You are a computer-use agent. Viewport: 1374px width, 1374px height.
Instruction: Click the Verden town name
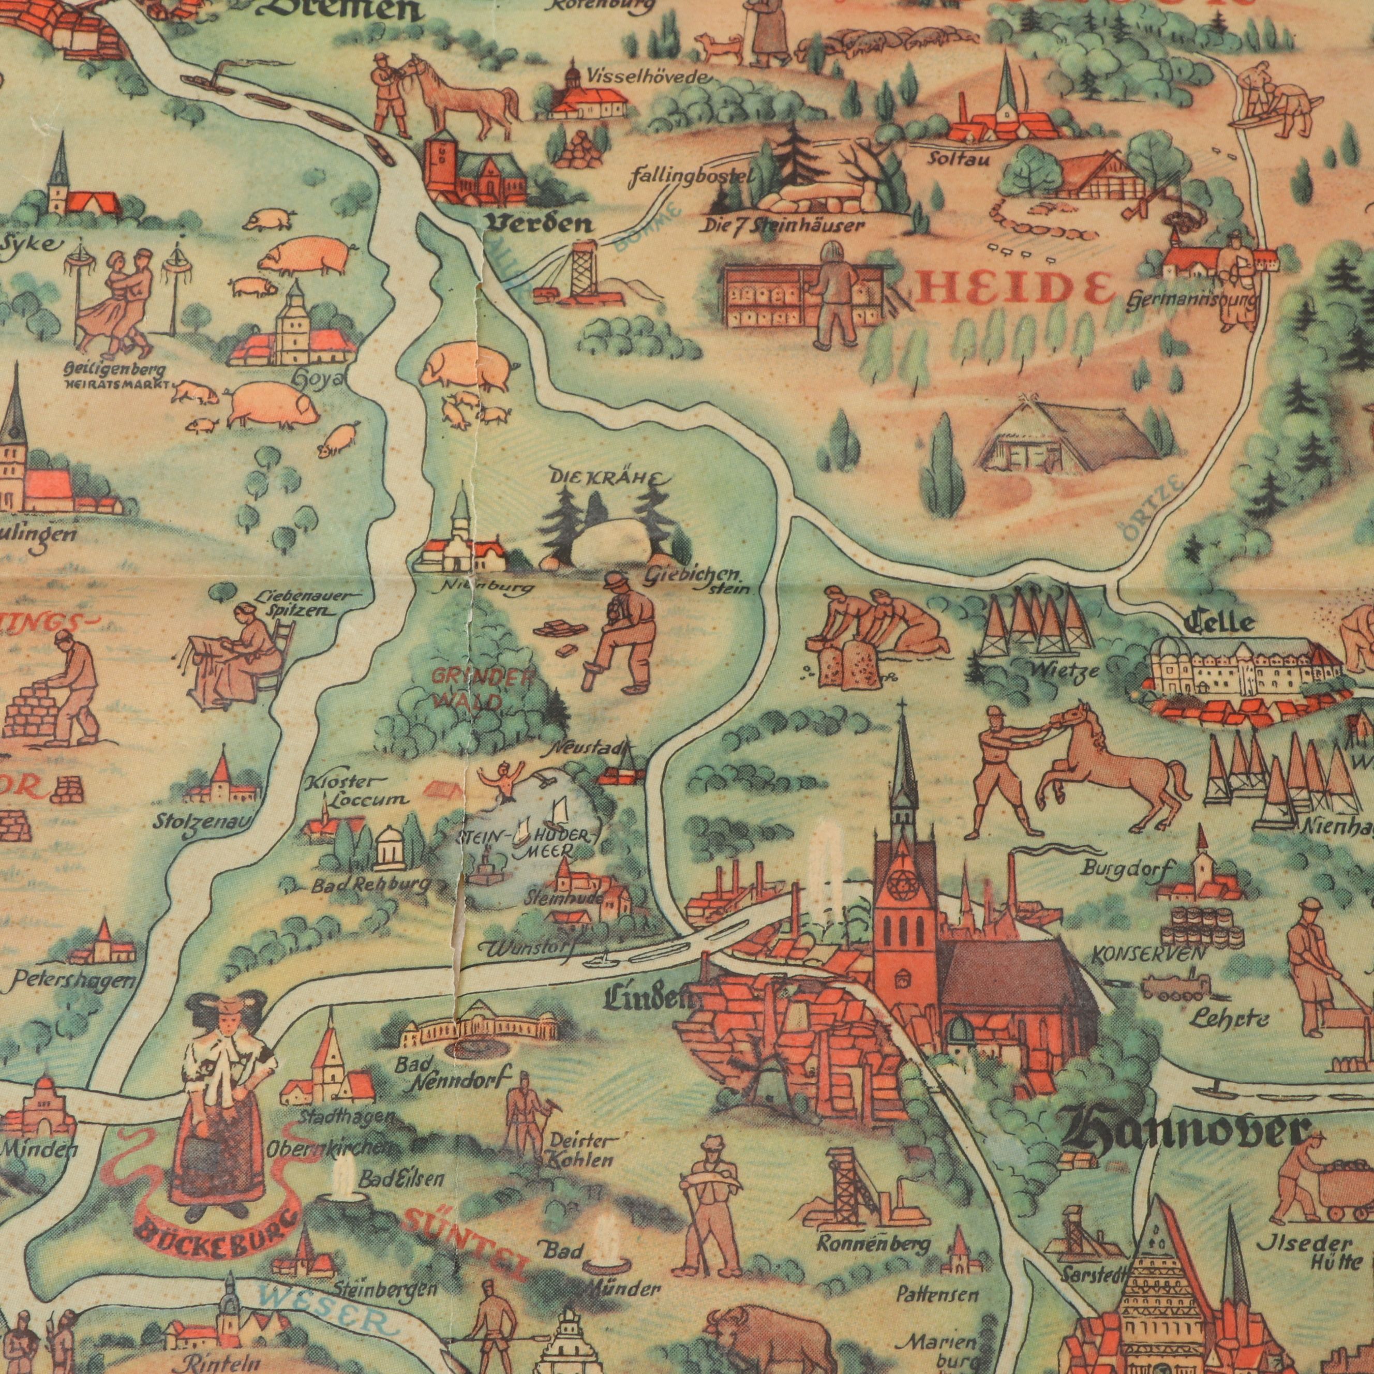539,223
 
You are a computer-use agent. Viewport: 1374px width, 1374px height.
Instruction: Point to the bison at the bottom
772,1330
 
